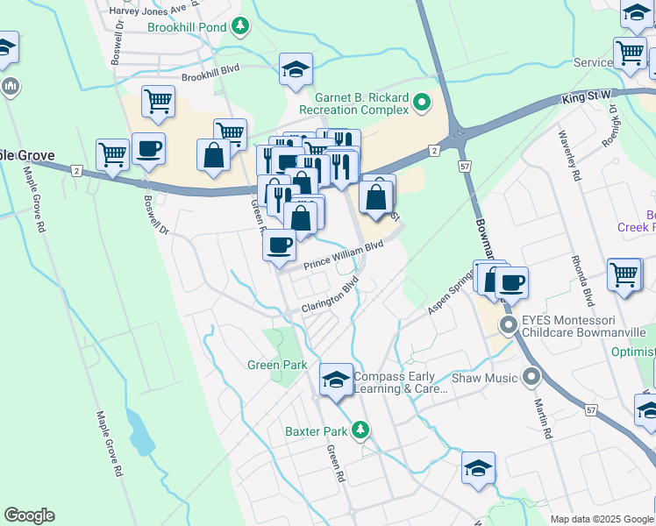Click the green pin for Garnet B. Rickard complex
tap(422, 103)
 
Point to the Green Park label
tap(276, 365)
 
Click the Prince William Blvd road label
tap(344, 256)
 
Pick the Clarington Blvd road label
tap(331, 298)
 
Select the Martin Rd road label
tap(541, 417)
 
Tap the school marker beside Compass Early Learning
tap(336, 380)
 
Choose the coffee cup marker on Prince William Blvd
tap(279, 245)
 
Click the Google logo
tap(29, 515)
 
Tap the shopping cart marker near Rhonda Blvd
tap(624, 274)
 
